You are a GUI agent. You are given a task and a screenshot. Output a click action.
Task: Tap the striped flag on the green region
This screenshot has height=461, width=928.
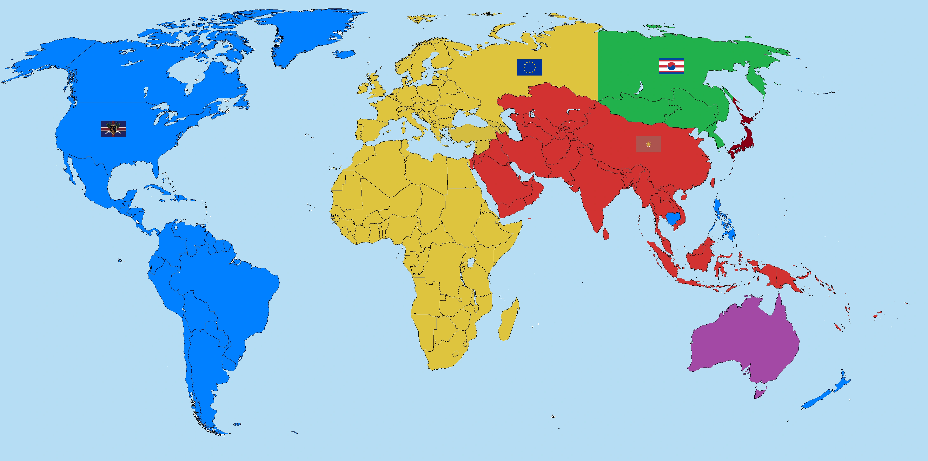tap(671, 66)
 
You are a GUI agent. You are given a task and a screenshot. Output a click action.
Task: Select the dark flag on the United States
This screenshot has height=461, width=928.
tap(113, 129)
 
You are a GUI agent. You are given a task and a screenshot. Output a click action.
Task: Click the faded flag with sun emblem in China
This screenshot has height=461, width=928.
tap(648, 144)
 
